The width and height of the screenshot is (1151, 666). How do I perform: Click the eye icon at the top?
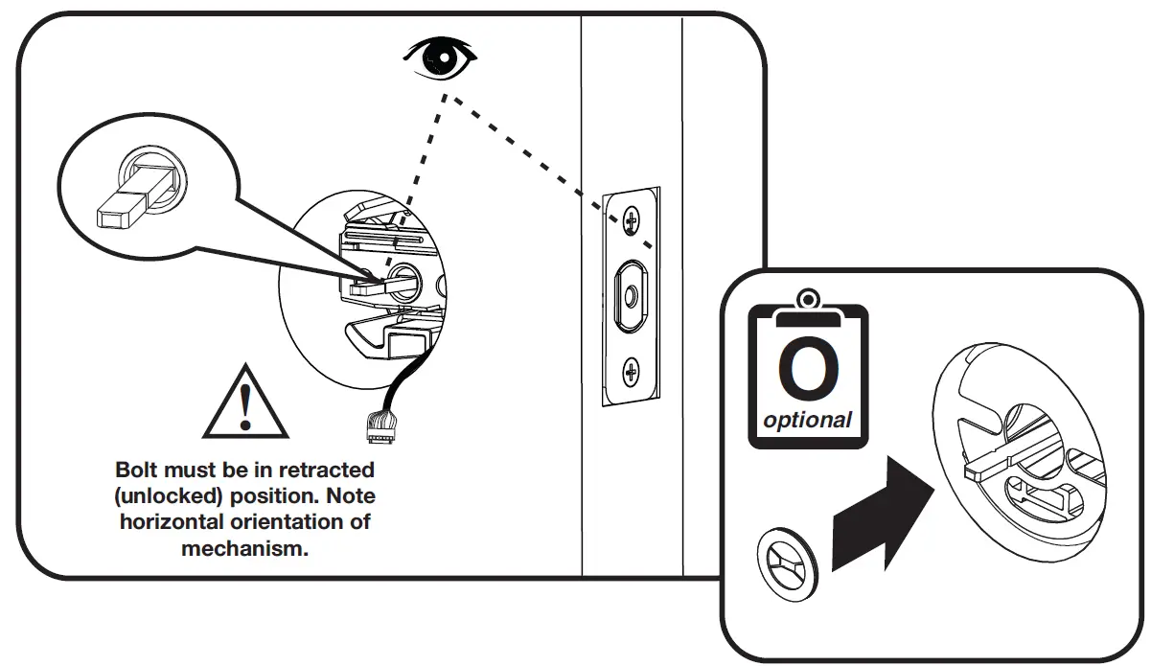(440, 58)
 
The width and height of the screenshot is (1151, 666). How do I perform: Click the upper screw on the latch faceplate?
(630, 220)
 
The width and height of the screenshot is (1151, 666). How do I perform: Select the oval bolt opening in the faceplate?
(629, 295)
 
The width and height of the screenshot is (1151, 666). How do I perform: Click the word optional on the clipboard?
(807, 420)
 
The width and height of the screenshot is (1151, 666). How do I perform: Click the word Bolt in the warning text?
(136, 471)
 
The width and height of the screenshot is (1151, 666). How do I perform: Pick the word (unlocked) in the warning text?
(161, 497)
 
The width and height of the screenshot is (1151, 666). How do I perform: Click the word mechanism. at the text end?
(245, 549)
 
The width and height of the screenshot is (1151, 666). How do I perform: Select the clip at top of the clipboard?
(808, 302)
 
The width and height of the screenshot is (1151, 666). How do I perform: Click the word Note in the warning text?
(351, 497)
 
